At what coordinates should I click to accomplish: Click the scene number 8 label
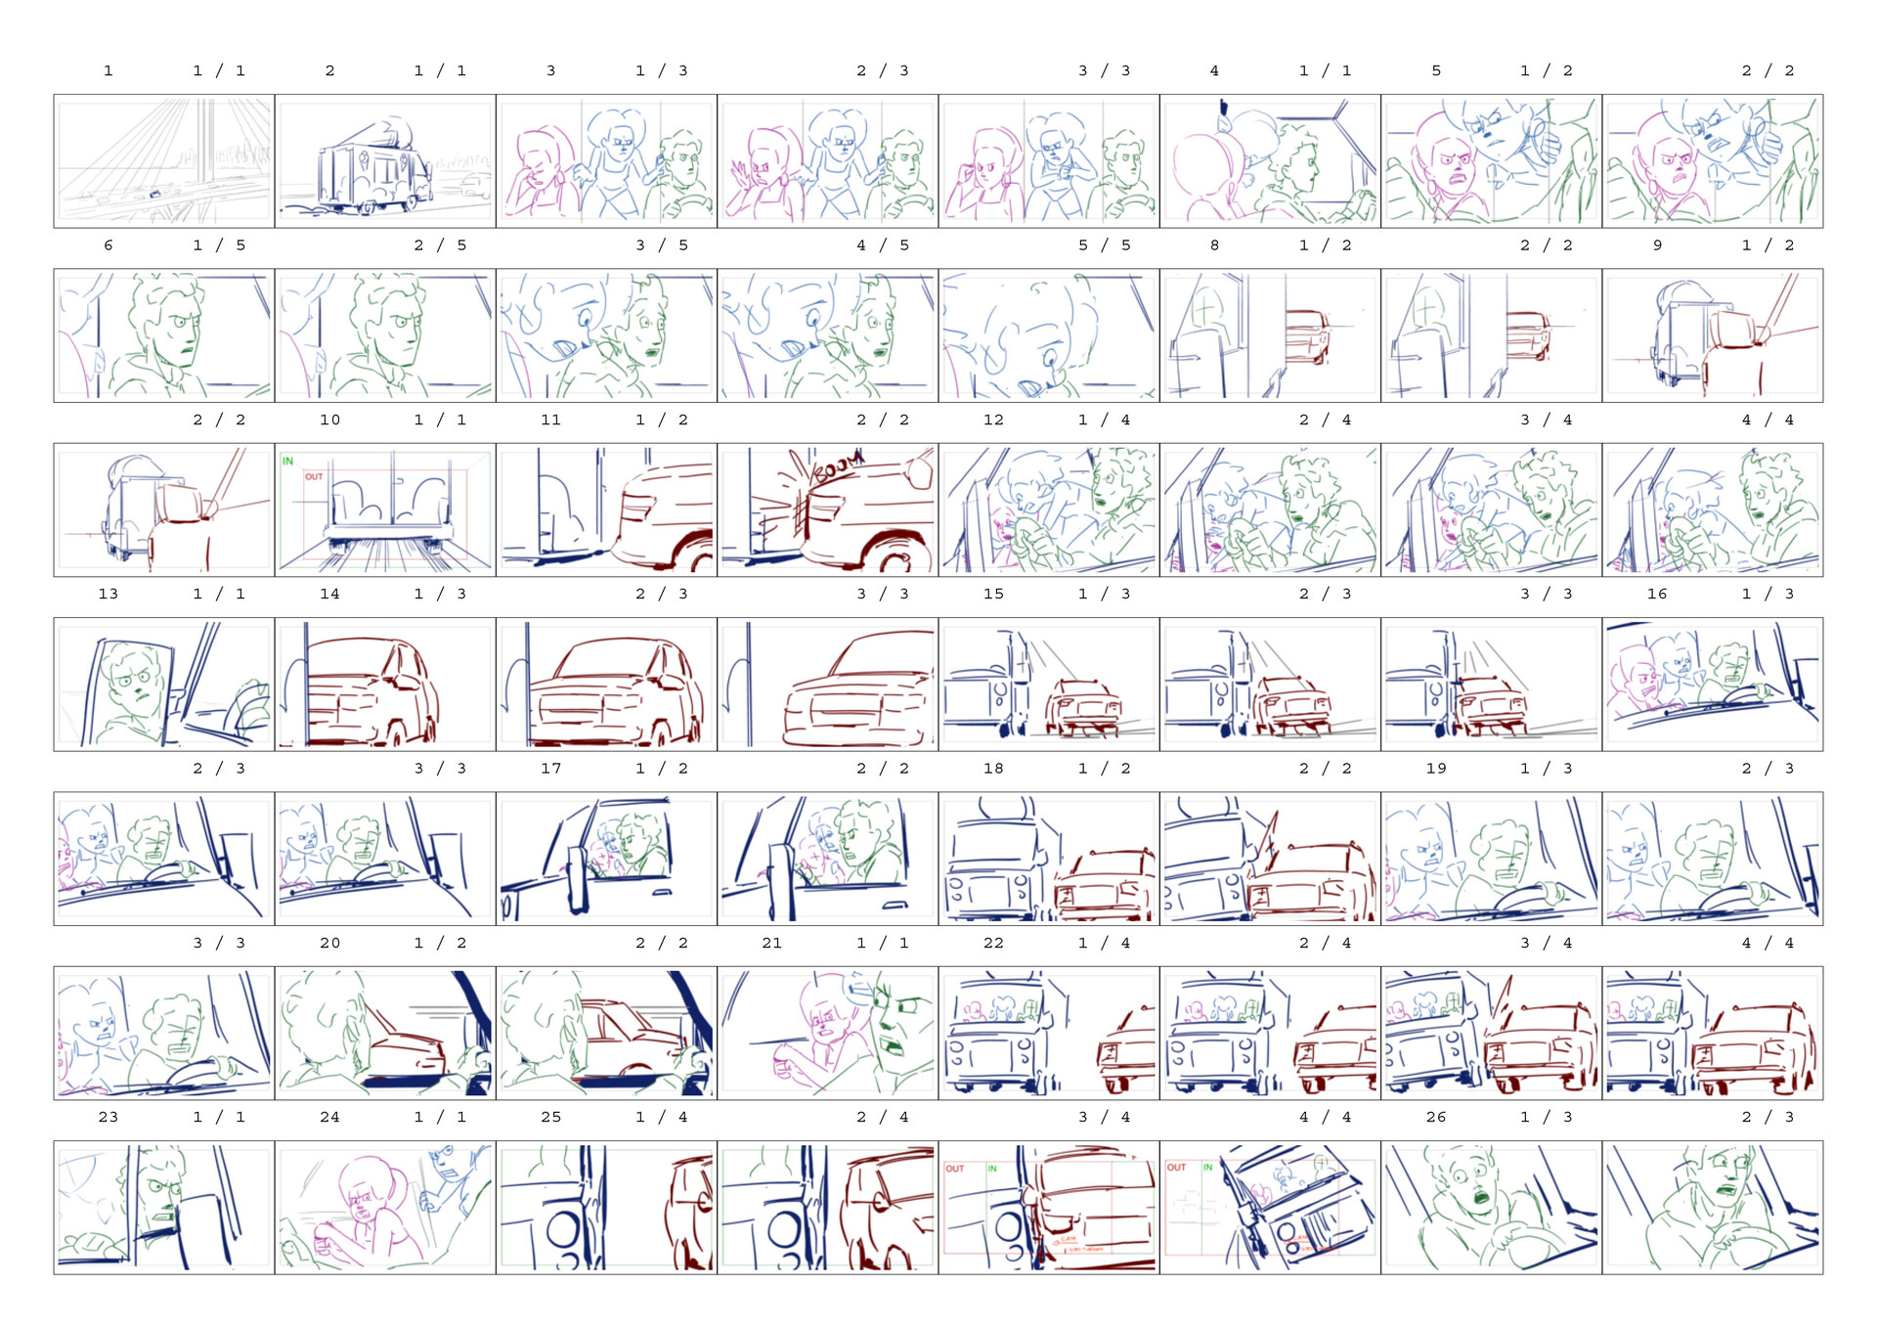point(1214,245)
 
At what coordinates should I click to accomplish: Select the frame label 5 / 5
point(1104,245)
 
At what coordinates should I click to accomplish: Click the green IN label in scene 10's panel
point(288,461)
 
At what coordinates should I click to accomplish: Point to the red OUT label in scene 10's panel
point(313,476)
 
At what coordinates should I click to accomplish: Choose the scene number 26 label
point(1435,1117)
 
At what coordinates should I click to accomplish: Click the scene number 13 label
point(108,594)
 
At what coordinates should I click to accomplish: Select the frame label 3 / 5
point(662,245)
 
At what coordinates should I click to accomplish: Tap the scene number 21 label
point(771,943)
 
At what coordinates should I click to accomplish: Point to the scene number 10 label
point(329,420)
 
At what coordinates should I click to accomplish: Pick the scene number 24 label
point(329,1117)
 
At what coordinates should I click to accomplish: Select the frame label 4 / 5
point(883,245)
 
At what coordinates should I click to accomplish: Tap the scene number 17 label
point(550,769)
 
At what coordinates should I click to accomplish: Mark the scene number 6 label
point(108,245)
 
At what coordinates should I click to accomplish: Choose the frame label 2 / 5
point(440,245)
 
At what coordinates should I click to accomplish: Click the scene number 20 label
point(329,943)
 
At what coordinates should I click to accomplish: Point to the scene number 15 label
point(993,594)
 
